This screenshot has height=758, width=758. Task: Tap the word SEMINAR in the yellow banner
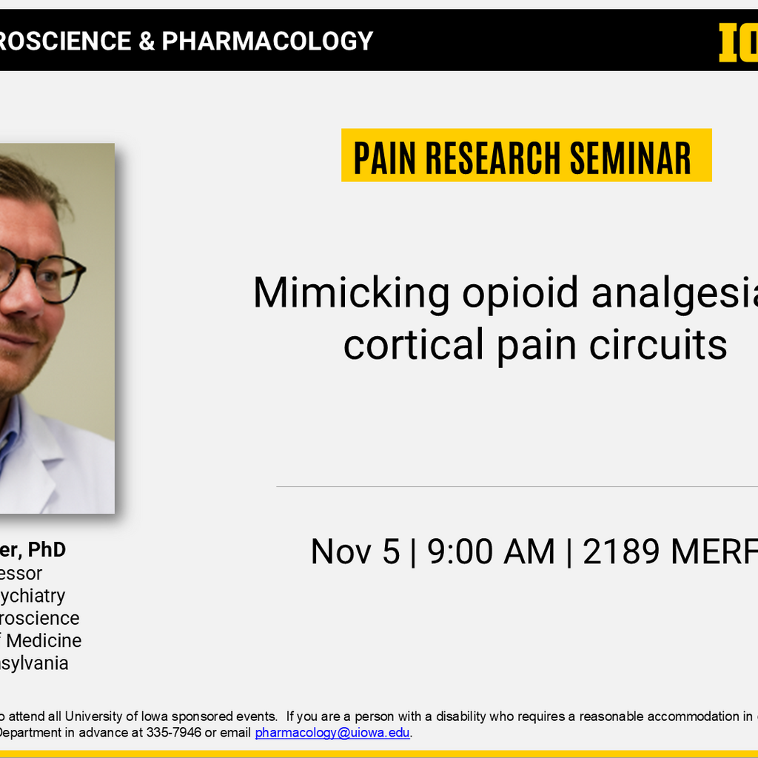[x=630, y=157]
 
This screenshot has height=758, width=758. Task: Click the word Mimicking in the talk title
[x=351, y=293]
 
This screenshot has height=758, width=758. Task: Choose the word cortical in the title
[x=414, y=344]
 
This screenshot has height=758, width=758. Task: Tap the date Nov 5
[x=355, y=552]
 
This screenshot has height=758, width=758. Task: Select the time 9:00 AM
[x=491, y=552]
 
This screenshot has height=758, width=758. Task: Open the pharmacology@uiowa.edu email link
[x=332, y=733]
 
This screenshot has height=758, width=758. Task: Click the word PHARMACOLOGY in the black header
[x=267, y=41]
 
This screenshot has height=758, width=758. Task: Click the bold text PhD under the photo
[x=47, y=550]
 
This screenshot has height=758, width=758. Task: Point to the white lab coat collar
[x=37, y=452]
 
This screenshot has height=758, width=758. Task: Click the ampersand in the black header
[x=145, y=41]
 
